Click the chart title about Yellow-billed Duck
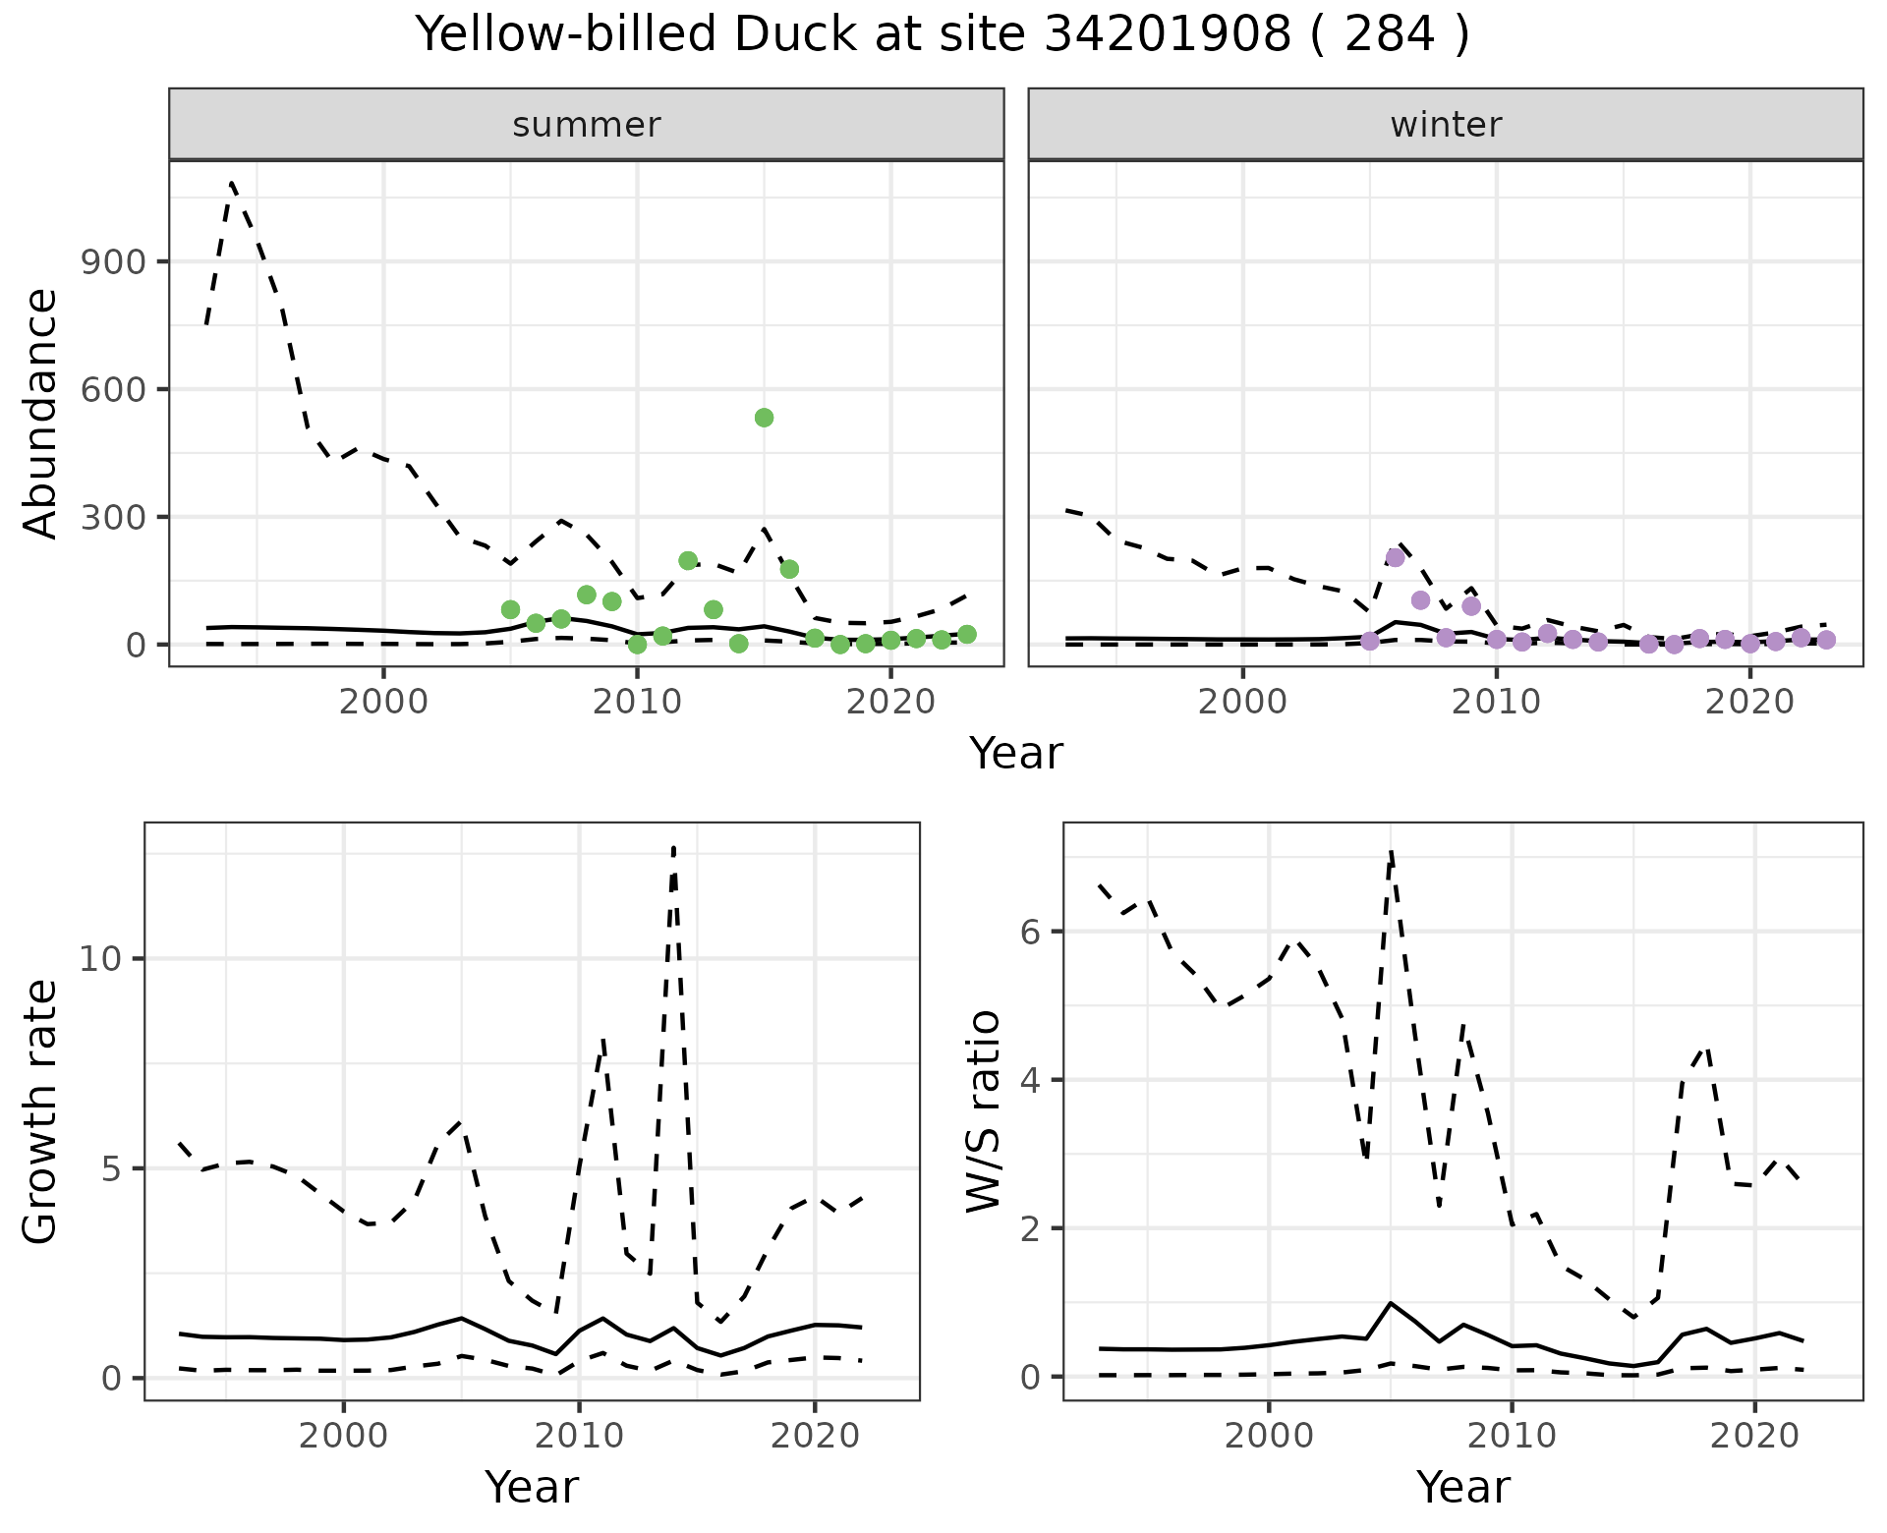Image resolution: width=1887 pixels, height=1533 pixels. tap(943, 35)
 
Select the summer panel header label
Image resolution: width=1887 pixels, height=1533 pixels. tap(586, 125)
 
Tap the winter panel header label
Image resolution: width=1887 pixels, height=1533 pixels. tap(1445, 125)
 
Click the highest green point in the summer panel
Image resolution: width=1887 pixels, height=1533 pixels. tap(764, 418)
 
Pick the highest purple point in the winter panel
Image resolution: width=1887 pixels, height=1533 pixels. tap(1395, 557)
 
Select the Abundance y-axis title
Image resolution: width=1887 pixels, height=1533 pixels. tap(40, 413)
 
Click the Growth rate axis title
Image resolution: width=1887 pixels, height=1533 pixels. tap(40, 1111)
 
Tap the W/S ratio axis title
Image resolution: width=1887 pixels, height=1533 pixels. tap(984, 1111)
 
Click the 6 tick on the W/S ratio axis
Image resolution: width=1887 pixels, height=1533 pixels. tap(1031, 932)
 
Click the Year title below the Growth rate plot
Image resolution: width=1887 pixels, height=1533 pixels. tap(532, 1487)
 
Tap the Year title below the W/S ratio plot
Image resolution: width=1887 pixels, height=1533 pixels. tap(1462, 1487)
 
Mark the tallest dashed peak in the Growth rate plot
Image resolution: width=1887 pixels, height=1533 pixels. tap(673, 847)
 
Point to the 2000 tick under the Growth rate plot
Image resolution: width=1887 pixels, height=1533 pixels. tap(343, 1435)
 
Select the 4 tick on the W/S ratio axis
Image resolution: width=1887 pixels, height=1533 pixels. tap(1031, 1080)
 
